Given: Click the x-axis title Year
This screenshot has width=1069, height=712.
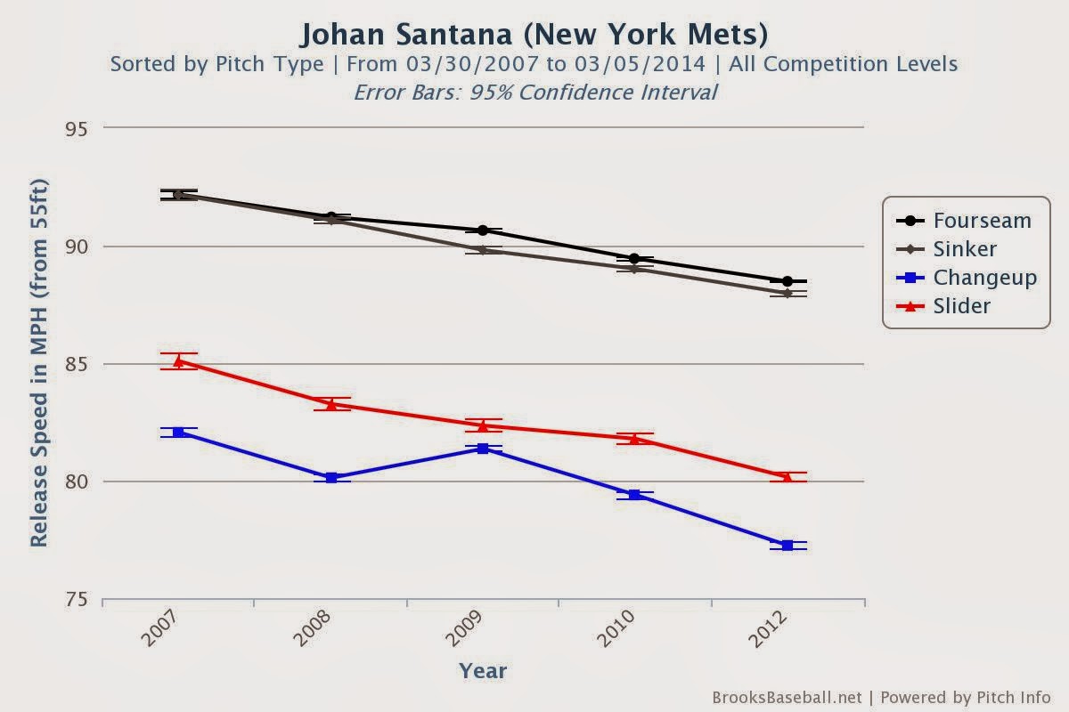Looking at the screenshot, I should [x=483, y=671].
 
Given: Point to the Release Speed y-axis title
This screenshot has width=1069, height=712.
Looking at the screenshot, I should [x=39, y=363].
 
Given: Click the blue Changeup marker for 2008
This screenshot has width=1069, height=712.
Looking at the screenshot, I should [x=331, y=478].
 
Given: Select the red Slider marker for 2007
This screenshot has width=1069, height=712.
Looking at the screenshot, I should [x=179, y=361].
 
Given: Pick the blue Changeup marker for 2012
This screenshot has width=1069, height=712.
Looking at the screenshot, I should [x=787, y=546].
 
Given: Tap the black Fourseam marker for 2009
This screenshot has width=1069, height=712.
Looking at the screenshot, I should [x=483, y=231].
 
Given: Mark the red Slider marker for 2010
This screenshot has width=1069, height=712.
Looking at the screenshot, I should [x=635, y=438].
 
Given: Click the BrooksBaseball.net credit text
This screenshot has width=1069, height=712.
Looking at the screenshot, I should [x=787, y=697].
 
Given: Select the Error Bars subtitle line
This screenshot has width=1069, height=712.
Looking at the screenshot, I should [x=534, y=92].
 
